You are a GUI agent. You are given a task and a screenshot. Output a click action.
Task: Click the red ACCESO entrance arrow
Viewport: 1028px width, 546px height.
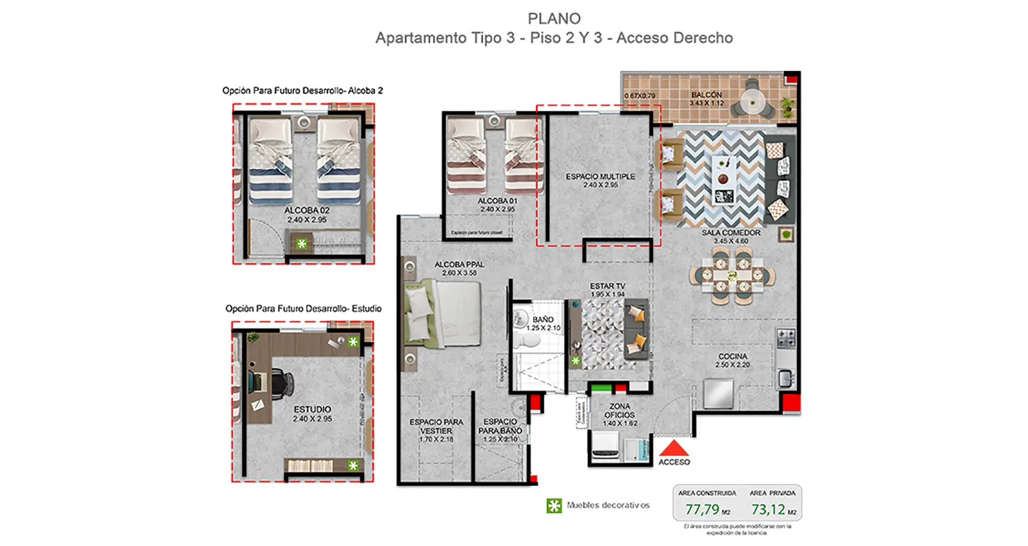pos(673,448)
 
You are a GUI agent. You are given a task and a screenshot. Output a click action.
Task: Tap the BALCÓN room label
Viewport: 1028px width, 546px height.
pos(706,95)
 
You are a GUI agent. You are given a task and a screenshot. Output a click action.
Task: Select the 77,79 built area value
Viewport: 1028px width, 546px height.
pos(702,510)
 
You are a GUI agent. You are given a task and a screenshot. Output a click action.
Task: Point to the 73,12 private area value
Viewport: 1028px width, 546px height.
pos(768,510)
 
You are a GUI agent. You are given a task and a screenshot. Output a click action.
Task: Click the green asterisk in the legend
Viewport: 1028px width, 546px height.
pos(554,505)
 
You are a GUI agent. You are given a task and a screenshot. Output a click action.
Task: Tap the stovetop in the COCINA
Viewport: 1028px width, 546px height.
pos(786,339)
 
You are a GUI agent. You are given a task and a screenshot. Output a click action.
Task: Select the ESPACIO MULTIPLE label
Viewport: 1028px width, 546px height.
pos(600,177)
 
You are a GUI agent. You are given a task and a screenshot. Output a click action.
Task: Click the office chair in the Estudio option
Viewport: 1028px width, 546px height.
pos(280,383)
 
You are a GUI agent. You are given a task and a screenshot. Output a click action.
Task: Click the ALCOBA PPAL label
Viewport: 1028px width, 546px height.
pos(459,264)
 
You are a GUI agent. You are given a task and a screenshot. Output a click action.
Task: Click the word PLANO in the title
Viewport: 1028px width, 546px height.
pos(554,19)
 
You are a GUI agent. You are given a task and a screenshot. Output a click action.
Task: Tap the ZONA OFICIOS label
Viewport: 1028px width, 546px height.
pos(619,411)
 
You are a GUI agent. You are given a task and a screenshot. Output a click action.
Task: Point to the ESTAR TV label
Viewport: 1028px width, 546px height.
pos(607,286)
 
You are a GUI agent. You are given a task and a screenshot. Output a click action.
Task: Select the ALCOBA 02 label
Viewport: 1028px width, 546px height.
pos(306,210)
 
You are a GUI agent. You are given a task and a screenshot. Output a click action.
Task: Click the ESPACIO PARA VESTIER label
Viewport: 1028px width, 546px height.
pos(436,426)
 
